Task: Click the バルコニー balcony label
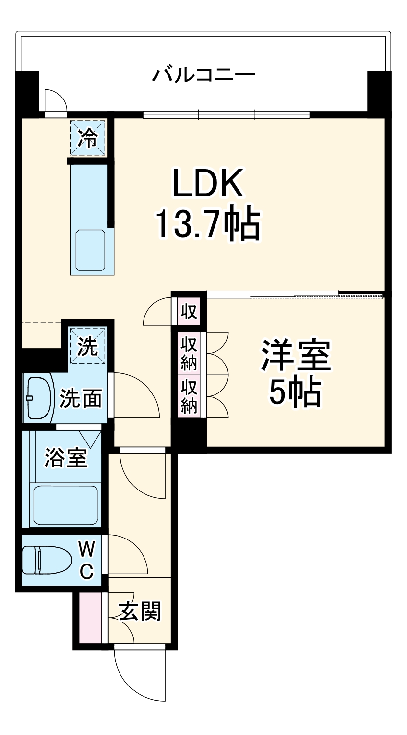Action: click(x=203, y=75)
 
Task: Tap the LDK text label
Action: click(x=207, y=184)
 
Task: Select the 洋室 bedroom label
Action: click(x=295, y=356)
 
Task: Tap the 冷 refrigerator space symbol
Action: click(x=88, y=139)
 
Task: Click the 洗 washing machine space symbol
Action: click(x=88, y=347)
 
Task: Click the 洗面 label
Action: click(x=81, y=399)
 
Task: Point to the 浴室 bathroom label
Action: click(x=66, y=458)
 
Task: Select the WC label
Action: click(x=87, y=560)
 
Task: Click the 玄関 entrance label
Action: click(x=140, y=612)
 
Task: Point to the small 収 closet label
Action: click(x=189, y=311)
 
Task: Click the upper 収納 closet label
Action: click(x=189, y=353)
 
